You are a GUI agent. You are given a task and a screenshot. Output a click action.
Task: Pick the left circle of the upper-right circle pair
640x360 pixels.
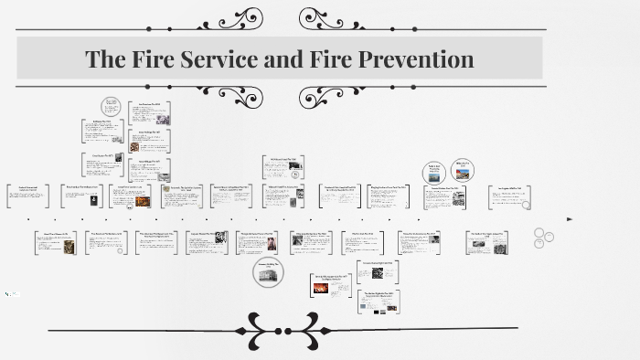click(x=434, y=172)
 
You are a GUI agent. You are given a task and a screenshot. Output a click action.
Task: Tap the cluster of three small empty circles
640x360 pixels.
click(x=542, y=238)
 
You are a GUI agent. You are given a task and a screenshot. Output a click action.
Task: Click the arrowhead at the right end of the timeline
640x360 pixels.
click(x=570, y=219)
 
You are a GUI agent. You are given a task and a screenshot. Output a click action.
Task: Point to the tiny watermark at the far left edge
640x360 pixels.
click(x=11, y=294)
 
